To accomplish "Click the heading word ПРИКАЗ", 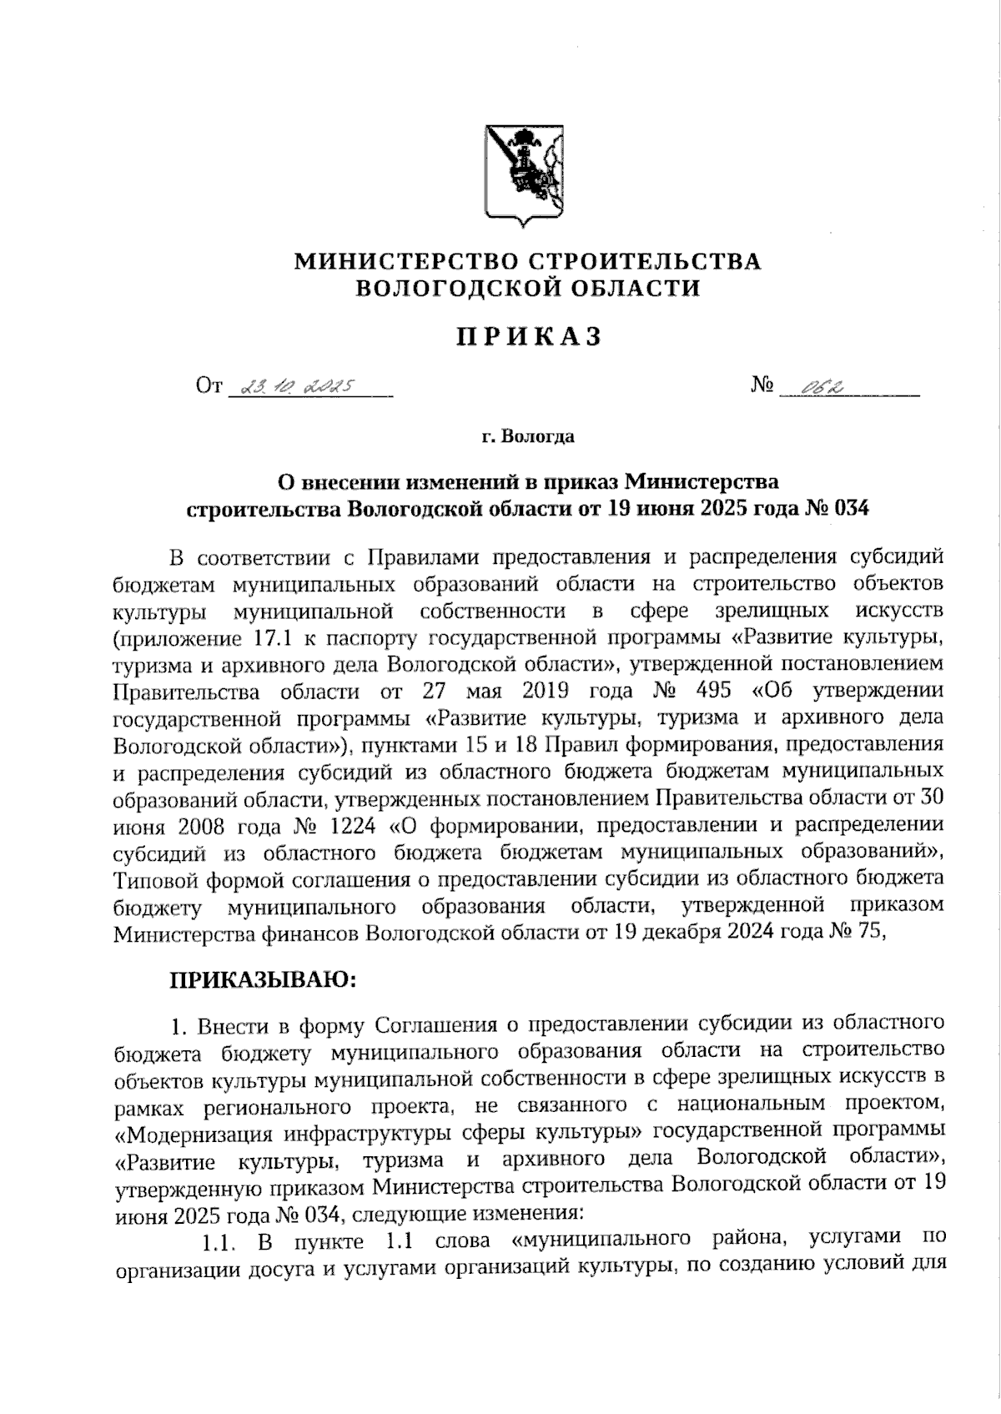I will pyautogui.click(x=528, y=336).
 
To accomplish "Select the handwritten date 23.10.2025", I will pyautogui.click(x=296, y=387).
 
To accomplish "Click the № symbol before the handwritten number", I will pyautogui.click(x=762, y=385).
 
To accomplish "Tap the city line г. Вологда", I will pyautogui.click(x=527, y=436).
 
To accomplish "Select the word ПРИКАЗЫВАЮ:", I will pyautogui.click(x=264, y=979).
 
